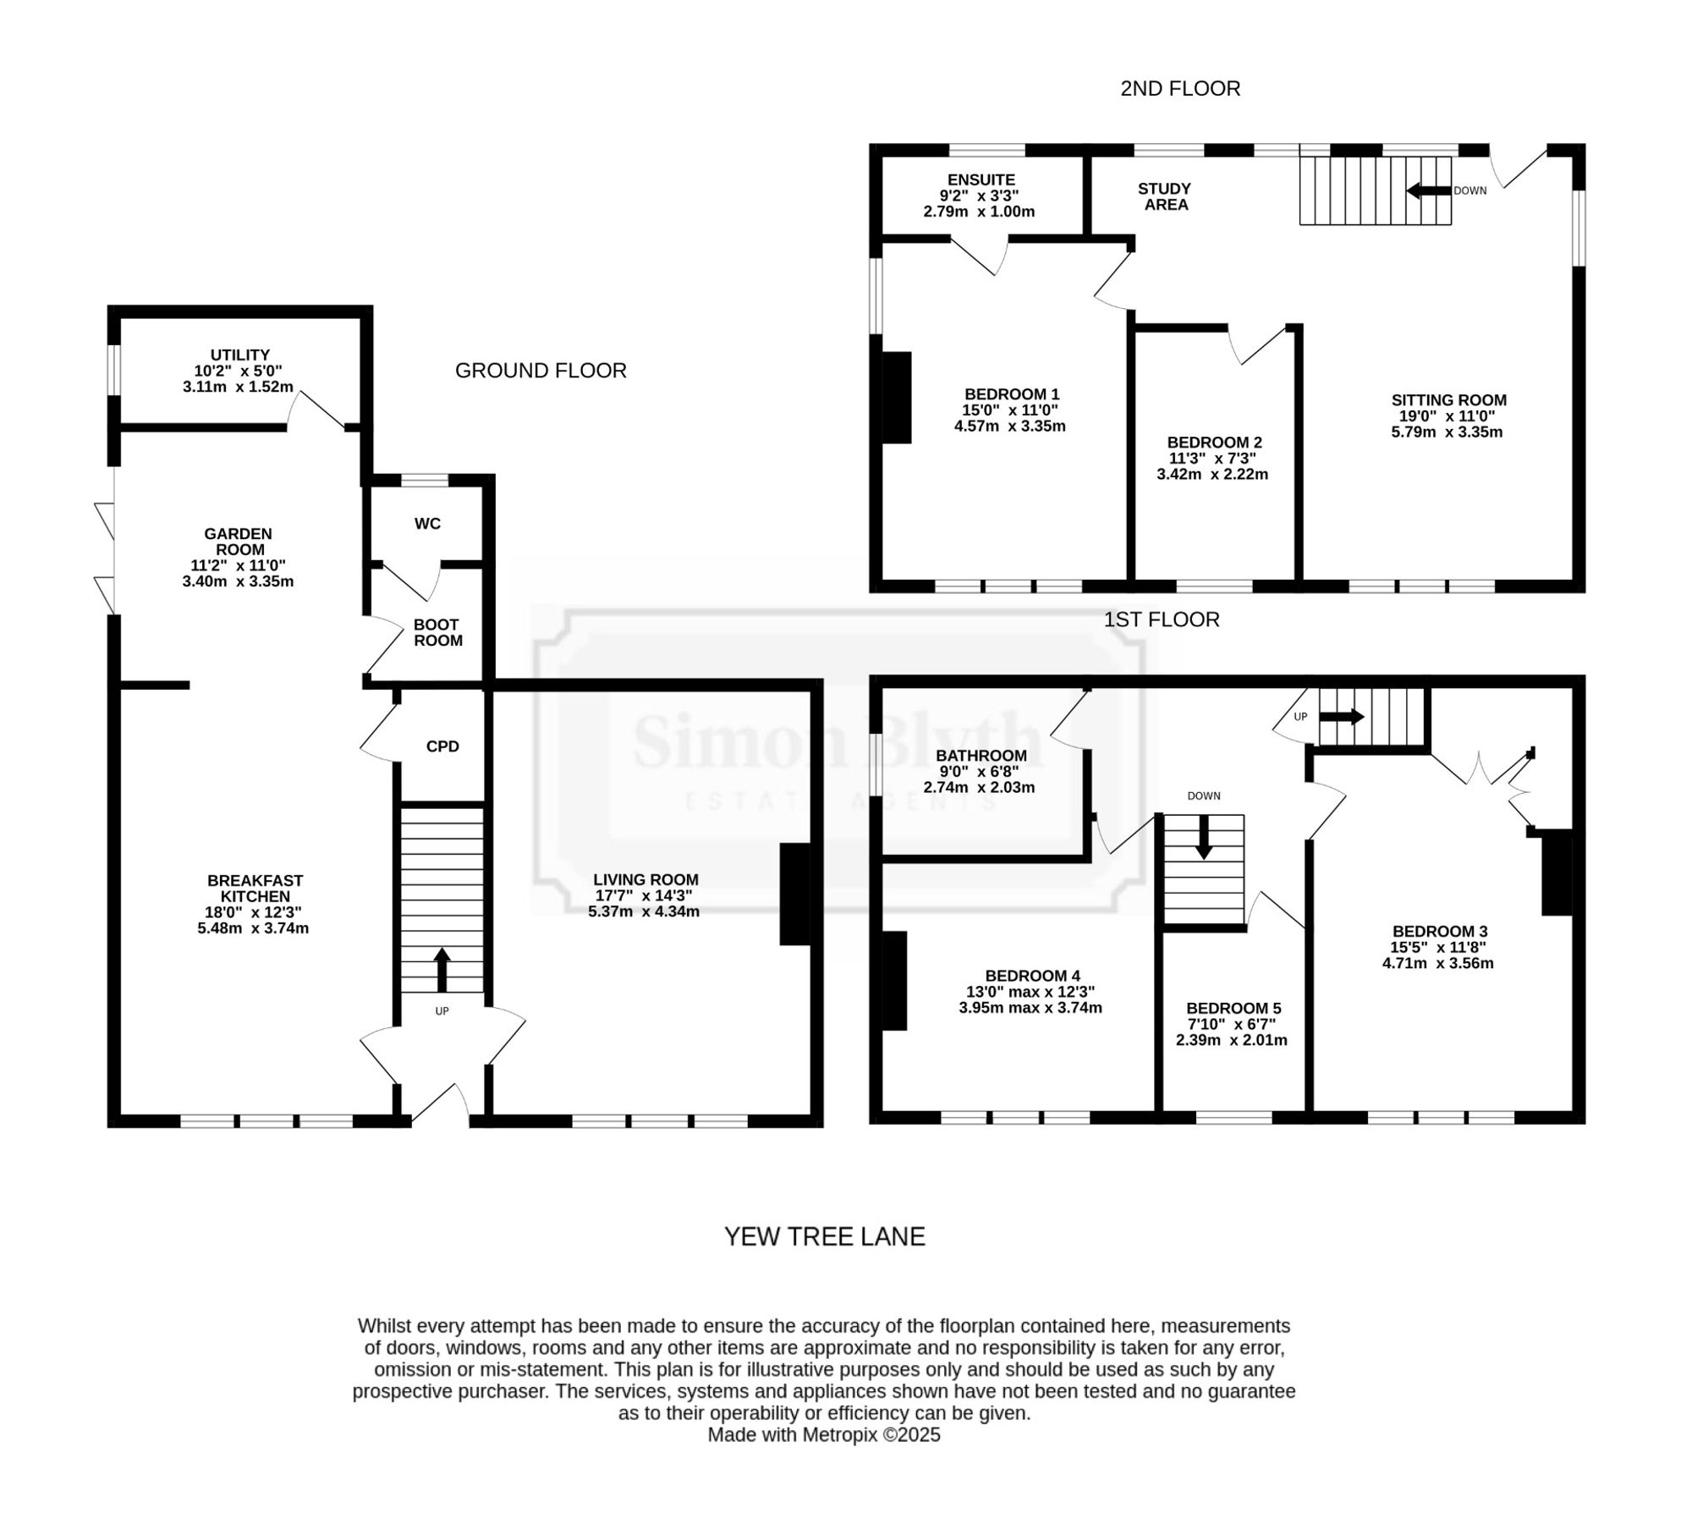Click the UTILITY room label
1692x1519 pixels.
point(240,355)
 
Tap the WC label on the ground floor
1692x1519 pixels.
point(427,524)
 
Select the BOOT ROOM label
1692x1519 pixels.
point(437,633)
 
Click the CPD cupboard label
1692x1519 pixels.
point(442,746)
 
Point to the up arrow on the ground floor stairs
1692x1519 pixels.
point(442,969)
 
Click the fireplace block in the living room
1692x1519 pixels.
point(795,894)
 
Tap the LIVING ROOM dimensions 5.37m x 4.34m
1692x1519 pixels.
point(644,911)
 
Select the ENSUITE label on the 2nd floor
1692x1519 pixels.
point(981,179)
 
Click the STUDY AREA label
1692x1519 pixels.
point(1165,196)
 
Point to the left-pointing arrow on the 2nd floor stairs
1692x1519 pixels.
point(1429,190)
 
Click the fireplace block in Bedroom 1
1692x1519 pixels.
point(897,398)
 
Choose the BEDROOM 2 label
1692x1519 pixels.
point(1214,443)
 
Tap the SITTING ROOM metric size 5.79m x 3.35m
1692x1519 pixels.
point(1447,432)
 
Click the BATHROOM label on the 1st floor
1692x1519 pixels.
point(981,756)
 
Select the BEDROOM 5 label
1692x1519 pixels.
point(1233,1008)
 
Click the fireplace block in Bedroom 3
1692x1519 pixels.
point(1557,872)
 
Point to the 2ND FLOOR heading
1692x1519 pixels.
point(1180,89)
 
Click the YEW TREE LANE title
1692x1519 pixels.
point(825,1236)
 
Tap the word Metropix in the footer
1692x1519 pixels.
point(840,1434)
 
